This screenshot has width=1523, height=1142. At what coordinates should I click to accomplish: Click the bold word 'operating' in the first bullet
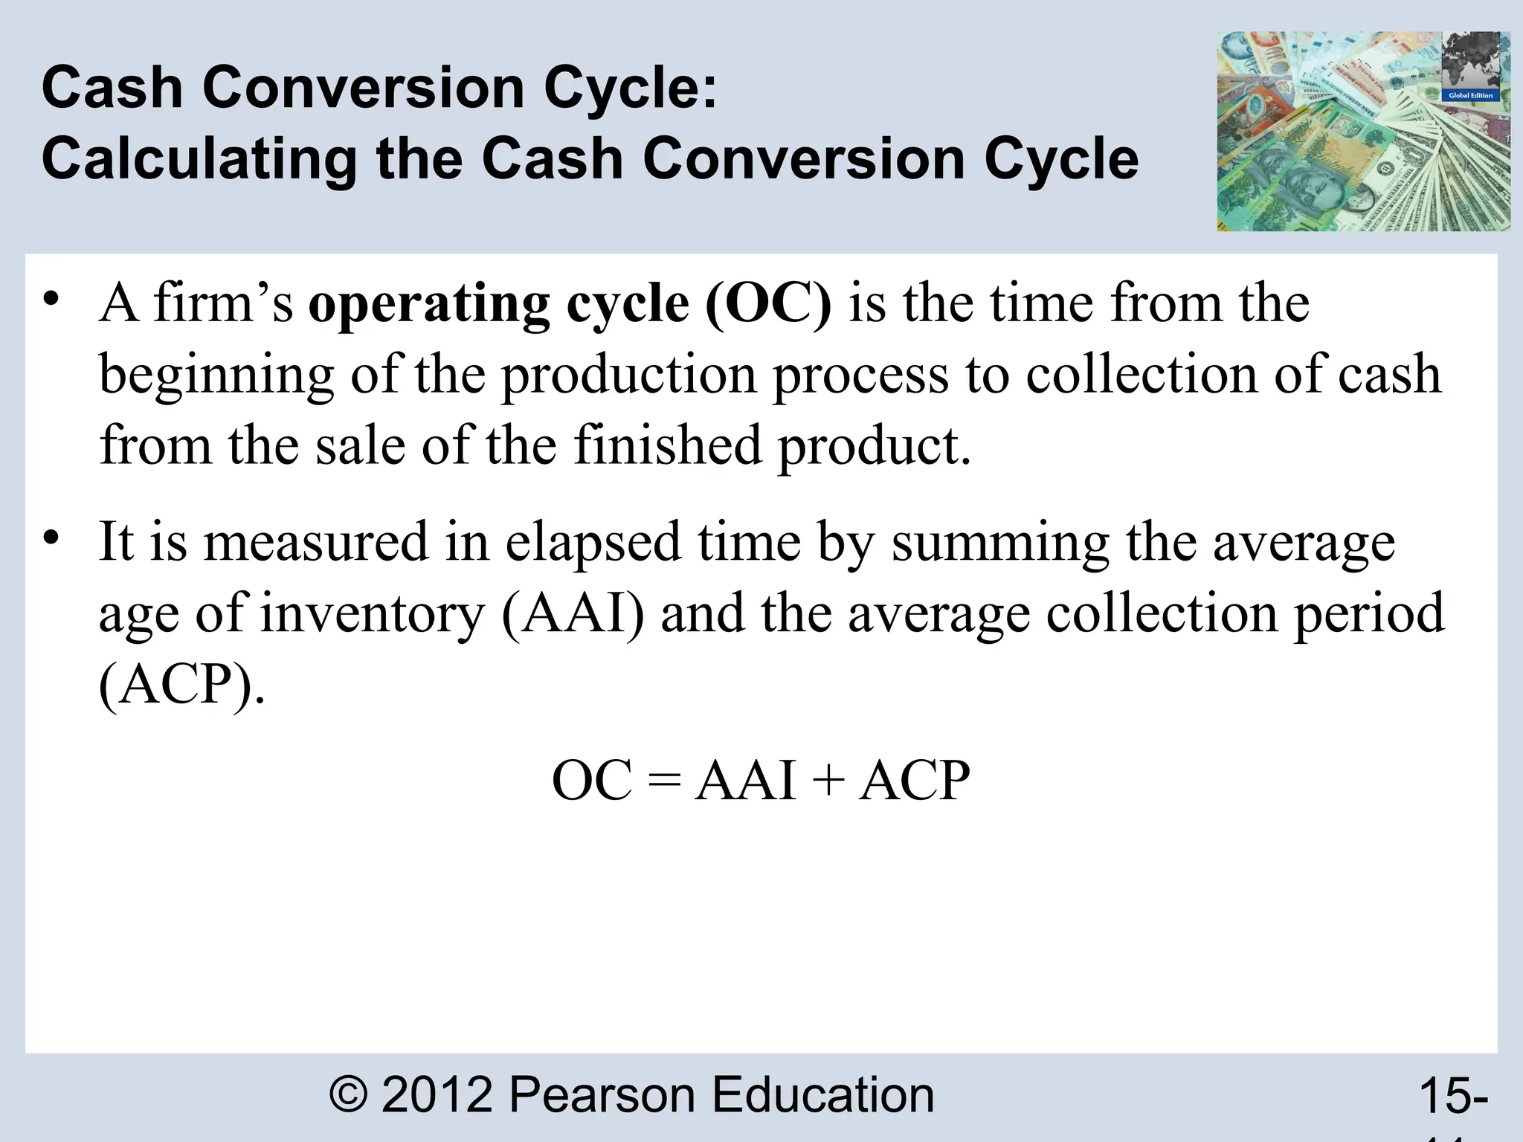coord(429,304)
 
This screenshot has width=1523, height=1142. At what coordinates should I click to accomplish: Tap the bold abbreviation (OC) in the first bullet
coord(767,304)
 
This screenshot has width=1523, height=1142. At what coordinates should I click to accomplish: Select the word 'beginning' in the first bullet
coord(216,375)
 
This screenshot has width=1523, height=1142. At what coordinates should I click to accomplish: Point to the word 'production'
coord(628,375)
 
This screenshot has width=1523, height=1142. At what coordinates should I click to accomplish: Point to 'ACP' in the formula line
coord(914,781)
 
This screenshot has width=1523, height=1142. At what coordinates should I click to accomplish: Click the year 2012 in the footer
coord(437,1094)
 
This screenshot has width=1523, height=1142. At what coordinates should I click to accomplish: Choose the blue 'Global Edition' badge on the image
coord(1470,95)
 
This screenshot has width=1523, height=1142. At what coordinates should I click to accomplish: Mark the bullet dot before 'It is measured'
coord(51,537)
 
